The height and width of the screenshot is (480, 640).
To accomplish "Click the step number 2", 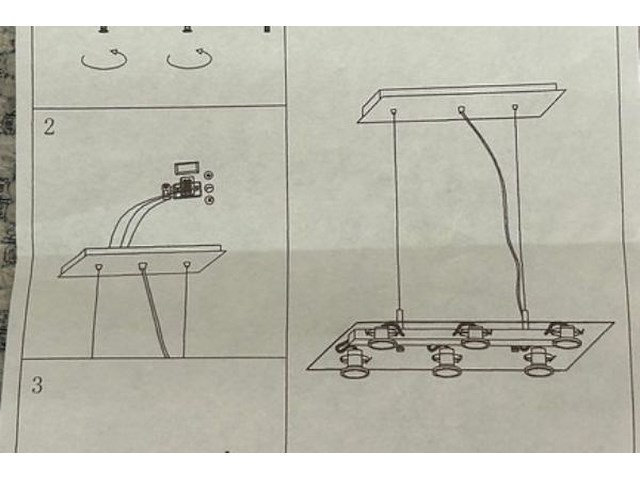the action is tap(49, 127).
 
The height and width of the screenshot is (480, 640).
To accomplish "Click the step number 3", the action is tap(37, 385).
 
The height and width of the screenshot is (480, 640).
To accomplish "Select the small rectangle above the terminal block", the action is tap(187, 168).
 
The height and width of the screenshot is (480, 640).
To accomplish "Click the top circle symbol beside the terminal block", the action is tap(209, 176).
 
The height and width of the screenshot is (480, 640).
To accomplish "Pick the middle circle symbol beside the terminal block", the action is tap(209, 188).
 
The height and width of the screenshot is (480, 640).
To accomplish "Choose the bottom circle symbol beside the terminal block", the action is tap(209, 200).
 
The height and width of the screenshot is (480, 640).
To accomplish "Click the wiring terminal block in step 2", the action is tap(182, 188).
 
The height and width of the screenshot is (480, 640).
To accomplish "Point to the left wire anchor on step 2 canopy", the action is tap(99, 267).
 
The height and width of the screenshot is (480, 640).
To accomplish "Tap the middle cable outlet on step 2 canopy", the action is tap(142, 267).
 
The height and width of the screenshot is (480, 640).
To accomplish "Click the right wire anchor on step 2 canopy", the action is tap(187, 265).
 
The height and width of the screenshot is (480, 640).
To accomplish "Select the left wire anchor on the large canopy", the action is tap(393, 111).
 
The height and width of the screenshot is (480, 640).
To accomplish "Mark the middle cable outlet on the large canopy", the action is tap(462, 109).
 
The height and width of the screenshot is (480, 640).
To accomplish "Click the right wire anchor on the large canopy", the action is tap(515, 107).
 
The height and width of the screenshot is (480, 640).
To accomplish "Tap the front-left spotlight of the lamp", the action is tap(353, 364).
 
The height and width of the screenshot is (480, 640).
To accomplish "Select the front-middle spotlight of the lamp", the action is tap(447, 361).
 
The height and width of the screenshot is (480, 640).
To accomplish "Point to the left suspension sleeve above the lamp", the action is tap(400, 317).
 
